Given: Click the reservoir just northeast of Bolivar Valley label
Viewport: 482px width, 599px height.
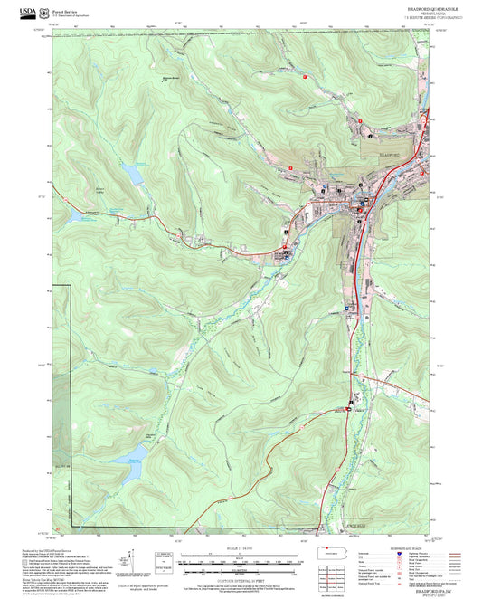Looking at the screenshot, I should tap(133, 172).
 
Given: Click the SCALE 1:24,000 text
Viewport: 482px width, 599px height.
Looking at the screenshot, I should tap(238, 547).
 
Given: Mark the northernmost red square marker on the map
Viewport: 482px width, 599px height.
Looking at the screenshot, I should tap(306, 77).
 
